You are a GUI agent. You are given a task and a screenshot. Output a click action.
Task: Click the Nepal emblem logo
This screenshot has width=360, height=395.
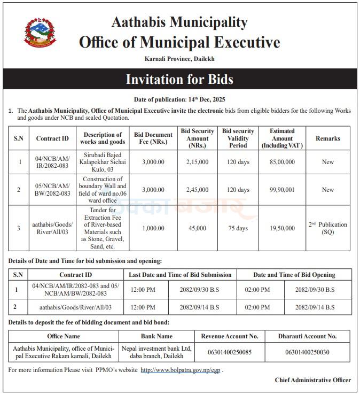coord(39,33)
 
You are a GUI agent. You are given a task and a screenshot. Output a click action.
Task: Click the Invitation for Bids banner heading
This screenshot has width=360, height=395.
coord(179,80)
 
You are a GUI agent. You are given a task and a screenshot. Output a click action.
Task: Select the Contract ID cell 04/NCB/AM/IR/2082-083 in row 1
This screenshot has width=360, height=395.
coord(52,161)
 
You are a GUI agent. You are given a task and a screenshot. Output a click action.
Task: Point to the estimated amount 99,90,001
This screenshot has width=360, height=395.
coord(282,190)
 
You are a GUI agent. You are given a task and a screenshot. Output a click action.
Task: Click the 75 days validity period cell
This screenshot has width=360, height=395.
coord(238,228)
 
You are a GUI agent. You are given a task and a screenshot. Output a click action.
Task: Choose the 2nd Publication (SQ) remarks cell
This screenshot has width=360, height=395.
coord(327,228)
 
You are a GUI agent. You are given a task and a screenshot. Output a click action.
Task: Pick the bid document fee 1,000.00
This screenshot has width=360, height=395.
coord(153,228)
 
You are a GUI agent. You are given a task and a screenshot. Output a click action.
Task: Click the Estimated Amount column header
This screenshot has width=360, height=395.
coord(282,138)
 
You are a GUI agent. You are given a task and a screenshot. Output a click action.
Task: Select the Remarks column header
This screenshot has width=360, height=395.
coord(327,138)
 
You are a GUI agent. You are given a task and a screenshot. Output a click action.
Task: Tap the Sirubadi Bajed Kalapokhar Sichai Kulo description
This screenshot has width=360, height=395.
coord(103,161)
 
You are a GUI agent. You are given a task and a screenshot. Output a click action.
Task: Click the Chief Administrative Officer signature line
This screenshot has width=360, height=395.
coord(312,380)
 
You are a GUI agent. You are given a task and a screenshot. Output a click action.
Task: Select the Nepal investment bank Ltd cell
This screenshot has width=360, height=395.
coord(156,351)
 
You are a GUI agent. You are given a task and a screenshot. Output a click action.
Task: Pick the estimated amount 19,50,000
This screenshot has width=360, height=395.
coord(282,228)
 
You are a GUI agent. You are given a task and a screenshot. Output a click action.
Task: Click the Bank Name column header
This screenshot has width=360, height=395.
coord(156,336)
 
